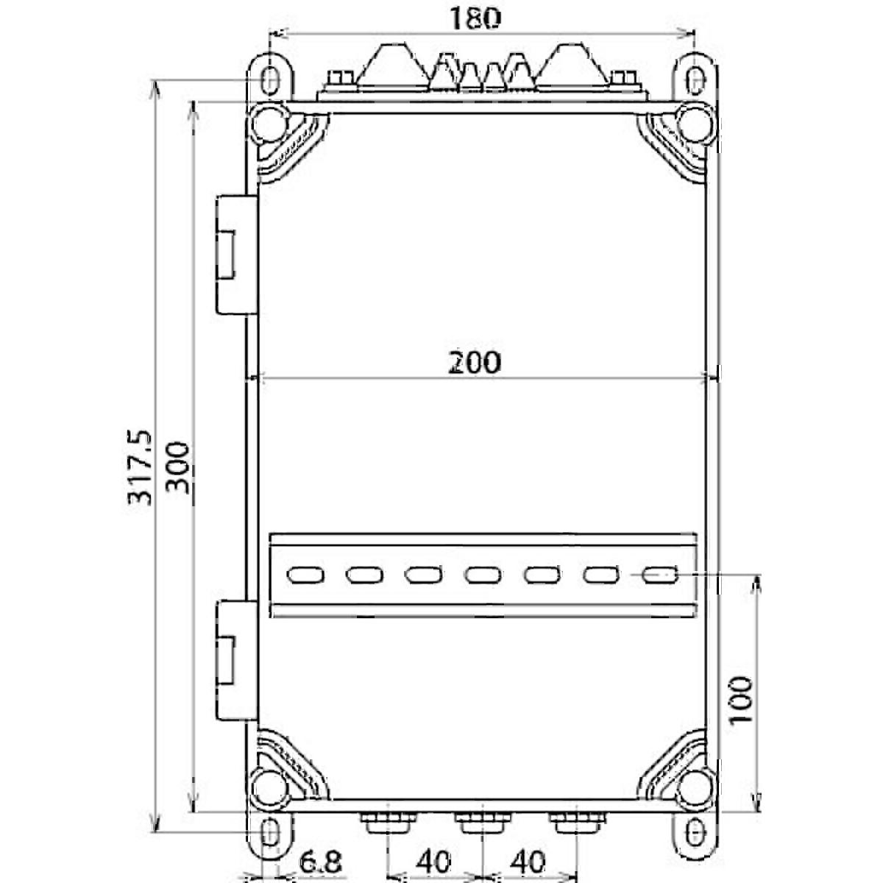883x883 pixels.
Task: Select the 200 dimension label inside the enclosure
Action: [474, 362]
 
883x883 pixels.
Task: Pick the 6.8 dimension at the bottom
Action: [317, 861]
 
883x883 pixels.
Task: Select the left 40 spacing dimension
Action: [434, 861]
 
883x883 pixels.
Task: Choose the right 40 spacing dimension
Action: [528, 861]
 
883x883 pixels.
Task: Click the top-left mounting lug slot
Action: [270, 79]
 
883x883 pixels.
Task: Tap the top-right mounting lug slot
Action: [694, 79]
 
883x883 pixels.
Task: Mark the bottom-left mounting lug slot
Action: [270, 833]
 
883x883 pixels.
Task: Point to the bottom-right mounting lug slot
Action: [694, 833]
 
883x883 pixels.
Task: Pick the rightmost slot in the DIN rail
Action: [660, 574]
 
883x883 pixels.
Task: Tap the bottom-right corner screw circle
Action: [694, 787]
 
